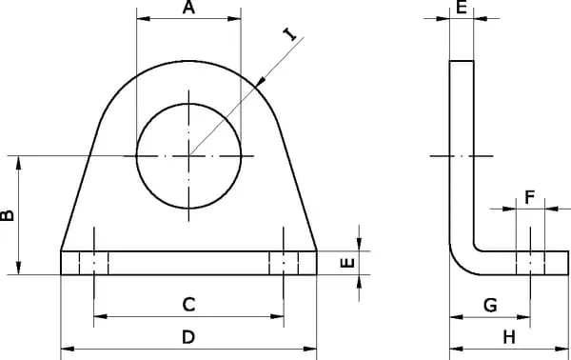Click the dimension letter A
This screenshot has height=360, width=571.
coord(188,8)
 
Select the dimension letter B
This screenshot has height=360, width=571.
coord(8,215)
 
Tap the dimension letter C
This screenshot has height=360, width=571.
coord(188,305)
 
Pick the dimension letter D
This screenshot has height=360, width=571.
coord(188,337)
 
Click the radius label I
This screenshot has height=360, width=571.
coord(290,34)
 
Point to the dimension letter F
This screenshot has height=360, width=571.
coord(530,197)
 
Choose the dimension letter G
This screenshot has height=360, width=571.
coord(490,305)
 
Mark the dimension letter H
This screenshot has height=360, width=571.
coord(509,337)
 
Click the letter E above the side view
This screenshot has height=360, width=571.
coord(462,8)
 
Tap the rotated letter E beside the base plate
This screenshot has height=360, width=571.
coord(347,263)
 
